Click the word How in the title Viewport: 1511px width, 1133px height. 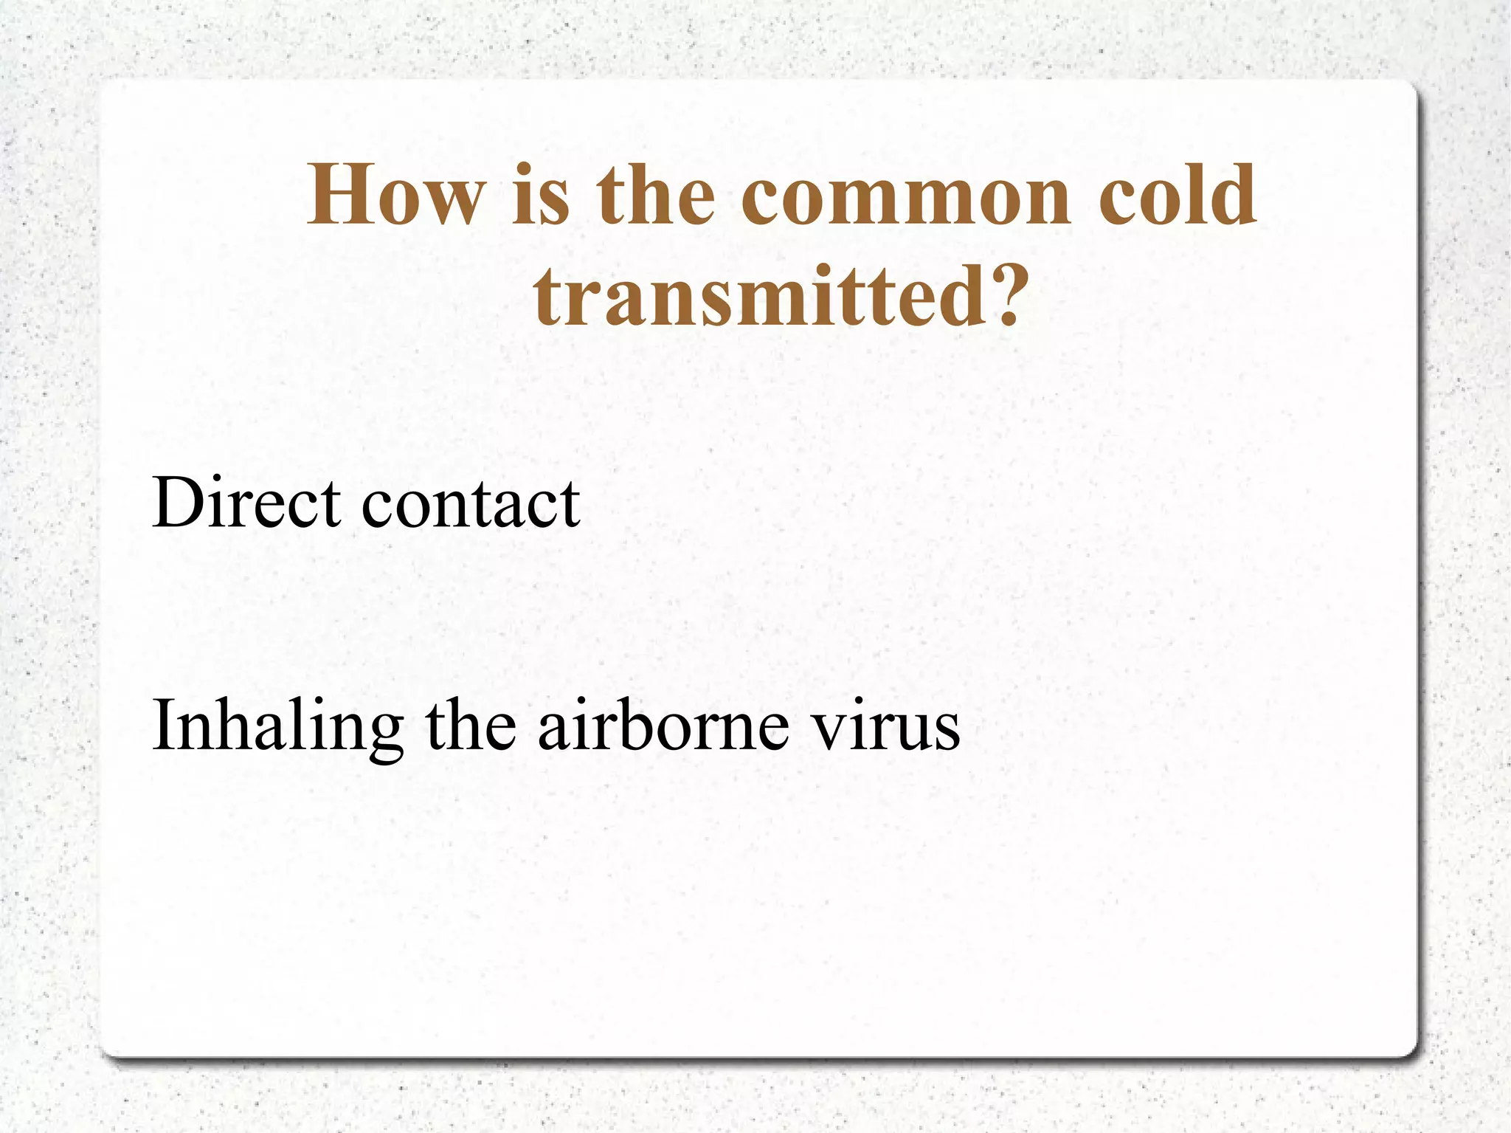tap(395, 196)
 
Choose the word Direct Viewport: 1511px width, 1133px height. tap(246, 503)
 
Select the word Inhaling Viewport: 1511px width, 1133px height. tap(277, 727)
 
